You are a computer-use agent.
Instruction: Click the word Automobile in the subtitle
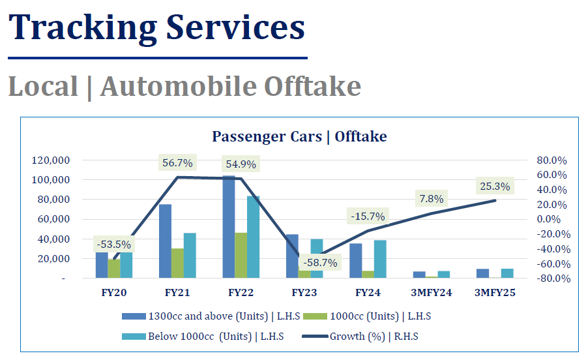(x=179, y=86)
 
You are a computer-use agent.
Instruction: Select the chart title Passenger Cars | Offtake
(x=299, y=137)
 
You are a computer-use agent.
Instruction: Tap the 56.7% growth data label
(x=177, y=163)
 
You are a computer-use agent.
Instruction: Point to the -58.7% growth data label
(x=320, y=263)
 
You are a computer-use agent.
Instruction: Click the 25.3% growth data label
(x=495, y=186)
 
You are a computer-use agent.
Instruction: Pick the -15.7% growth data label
(x=368, y=217)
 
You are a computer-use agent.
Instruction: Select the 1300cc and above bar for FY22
(x=229, y=226)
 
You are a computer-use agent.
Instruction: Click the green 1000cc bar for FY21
(x=177, y=263)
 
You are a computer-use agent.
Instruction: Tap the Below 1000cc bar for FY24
(x=380, y=259)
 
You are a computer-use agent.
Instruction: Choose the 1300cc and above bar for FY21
(x=165, y=241)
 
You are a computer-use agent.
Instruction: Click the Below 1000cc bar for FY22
(x=254, y=237)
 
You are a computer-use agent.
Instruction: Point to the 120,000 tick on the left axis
(x=51, y=160)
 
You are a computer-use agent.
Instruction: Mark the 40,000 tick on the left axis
(x=54, y=239)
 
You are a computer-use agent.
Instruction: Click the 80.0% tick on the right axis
(x=552, y=160)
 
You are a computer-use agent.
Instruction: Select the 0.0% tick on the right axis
(x=549, y=219)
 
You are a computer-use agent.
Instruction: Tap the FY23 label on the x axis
(x=304, y=293)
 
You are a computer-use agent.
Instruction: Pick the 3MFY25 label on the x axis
(x=495, y=293)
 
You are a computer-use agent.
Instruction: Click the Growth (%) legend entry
(x=360, y=337)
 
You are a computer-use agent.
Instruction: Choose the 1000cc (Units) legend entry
(x=367, y=316)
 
